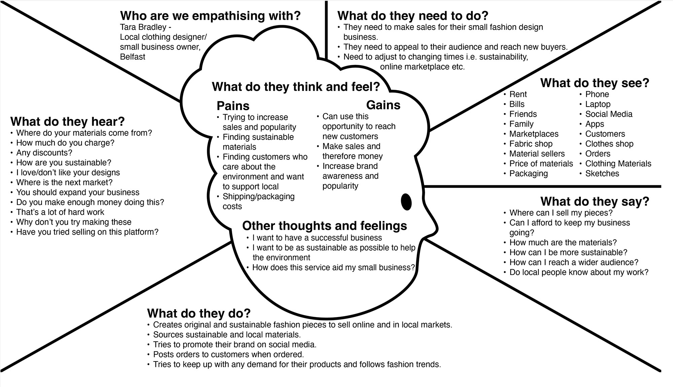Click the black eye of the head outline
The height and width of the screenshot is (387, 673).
(406, 202)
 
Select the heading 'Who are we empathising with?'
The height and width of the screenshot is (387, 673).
(210, 16)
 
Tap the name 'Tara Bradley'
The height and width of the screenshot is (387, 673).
(143, 27)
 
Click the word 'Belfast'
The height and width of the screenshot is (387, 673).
(133, 57)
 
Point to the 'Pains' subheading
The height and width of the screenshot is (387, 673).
(233, 106)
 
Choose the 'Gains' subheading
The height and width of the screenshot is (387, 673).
(383, 105)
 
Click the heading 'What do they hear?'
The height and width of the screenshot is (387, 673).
(68, 121)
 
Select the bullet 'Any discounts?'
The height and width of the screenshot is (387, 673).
(44, 153)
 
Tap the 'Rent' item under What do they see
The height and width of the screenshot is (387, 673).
(518, 94)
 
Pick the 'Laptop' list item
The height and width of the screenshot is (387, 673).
(598, 104)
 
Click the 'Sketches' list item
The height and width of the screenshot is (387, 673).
(602, 173)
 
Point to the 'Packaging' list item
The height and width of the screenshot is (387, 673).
(528, 173)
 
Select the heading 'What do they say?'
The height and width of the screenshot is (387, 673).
(595, 201)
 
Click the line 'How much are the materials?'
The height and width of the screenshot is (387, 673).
(563, 242)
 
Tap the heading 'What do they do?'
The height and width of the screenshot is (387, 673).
(199, 313)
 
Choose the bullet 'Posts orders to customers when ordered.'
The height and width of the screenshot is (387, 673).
(228, 354)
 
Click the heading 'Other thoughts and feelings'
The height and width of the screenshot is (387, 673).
(324, 226)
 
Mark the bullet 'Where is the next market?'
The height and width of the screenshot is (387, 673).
(64, 183)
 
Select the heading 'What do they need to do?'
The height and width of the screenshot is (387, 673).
(413, 16)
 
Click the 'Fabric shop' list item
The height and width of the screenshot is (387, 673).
(531, 144)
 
